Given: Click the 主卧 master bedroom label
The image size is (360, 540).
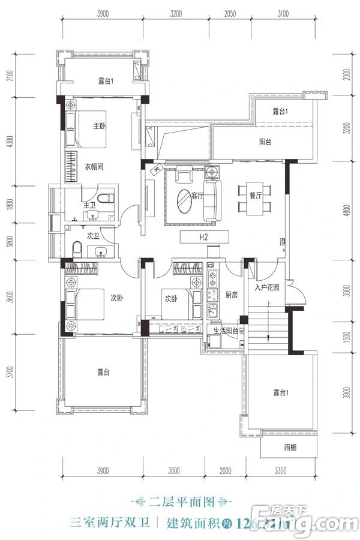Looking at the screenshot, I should tap(100, 126).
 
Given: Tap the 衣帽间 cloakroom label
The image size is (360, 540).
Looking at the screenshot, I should tap(93, 167).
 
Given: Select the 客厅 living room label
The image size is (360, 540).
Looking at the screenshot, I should tap(197, 195).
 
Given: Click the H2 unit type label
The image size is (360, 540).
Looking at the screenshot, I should tap(203, 238).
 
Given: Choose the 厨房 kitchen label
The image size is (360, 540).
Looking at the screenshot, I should tap(232, 296).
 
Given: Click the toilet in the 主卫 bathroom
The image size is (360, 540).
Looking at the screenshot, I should tap(106, 199).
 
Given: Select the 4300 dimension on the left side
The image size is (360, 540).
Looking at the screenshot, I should tap(10, 144).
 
